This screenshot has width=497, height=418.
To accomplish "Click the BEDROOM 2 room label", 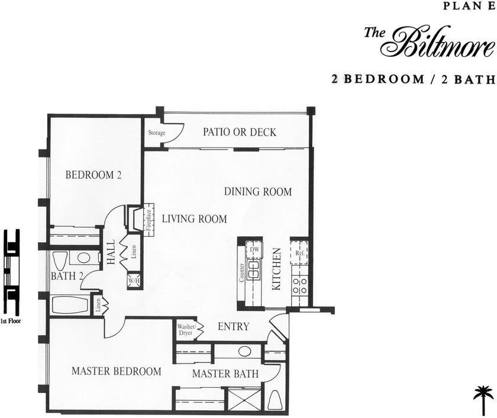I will coord(93,175).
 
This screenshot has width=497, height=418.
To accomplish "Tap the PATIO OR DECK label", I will coord(239,132).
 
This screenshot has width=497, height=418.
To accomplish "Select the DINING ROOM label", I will coord(257,192).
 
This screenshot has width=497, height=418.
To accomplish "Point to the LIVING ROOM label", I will coord(194,219).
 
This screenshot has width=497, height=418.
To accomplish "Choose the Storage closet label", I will coord(156,133).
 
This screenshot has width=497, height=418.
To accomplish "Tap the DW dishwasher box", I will coord(255,250).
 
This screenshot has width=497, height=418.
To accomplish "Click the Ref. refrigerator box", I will coord(299,253).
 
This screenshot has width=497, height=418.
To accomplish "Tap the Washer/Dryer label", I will coord(185,330).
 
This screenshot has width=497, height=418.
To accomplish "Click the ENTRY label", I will coord(233,327).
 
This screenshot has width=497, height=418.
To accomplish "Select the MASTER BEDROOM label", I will coord(116,372).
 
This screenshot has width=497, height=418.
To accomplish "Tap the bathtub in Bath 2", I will coord(70,305).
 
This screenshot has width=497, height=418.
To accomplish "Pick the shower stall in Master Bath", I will coord(244,399).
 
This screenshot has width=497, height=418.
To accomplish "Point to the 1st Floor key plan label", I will coord(11,321).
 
